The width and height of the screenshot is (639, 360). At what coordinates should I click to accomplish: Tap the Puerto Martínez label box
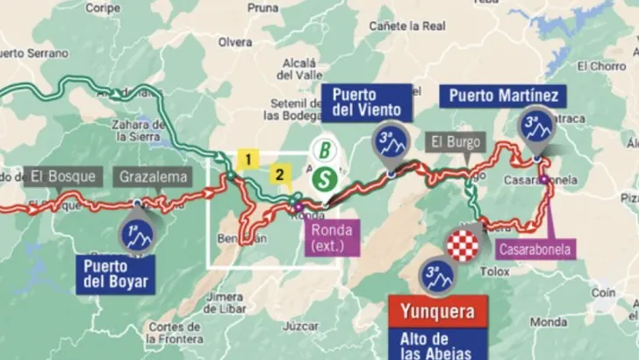tap(502, 95)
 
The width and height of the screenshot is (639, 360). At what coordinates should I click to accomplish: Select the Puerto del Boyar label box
tap(115, 274)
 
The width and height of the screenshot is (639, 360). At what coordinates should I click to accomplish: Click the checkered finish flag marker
tap(463, 245)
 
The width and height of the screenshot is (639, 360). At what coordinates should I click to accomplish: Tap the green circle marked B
tap(325, 150)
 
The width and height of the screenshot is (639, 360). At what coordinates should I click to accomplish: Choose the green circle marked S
tap(325, 178)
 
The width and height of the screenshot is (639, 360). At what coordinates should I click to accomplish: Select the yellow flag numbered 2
tap(280, 174)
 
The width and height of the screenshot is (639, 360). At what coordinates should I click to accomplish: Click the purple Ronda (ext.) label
tap(332, 238)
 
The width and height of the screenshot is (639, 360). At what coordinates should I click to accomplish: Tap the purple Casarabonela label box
tap(535, 249)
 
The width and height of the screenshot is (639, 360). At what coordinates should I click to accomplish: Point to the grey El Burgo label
tap(456, 141)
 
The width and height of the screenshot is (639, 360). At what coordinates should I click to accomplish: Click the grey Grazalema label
tap(151, 176)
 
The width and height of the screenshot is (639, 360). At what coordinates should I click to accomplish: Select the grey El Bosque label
tap(62, 176)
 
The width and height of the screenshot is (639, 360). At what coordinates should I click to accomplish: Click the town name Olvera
tap(234, 41)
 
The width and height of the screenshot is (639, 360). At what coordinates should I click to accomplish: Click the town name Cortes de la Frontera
tap(176, 333)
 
